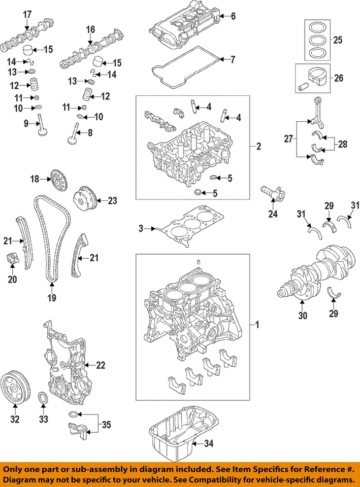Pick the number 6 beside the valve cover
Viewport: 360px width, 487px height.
pos(233,16)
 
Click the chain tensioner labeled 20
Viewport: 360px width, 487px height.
pos(12,259)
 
